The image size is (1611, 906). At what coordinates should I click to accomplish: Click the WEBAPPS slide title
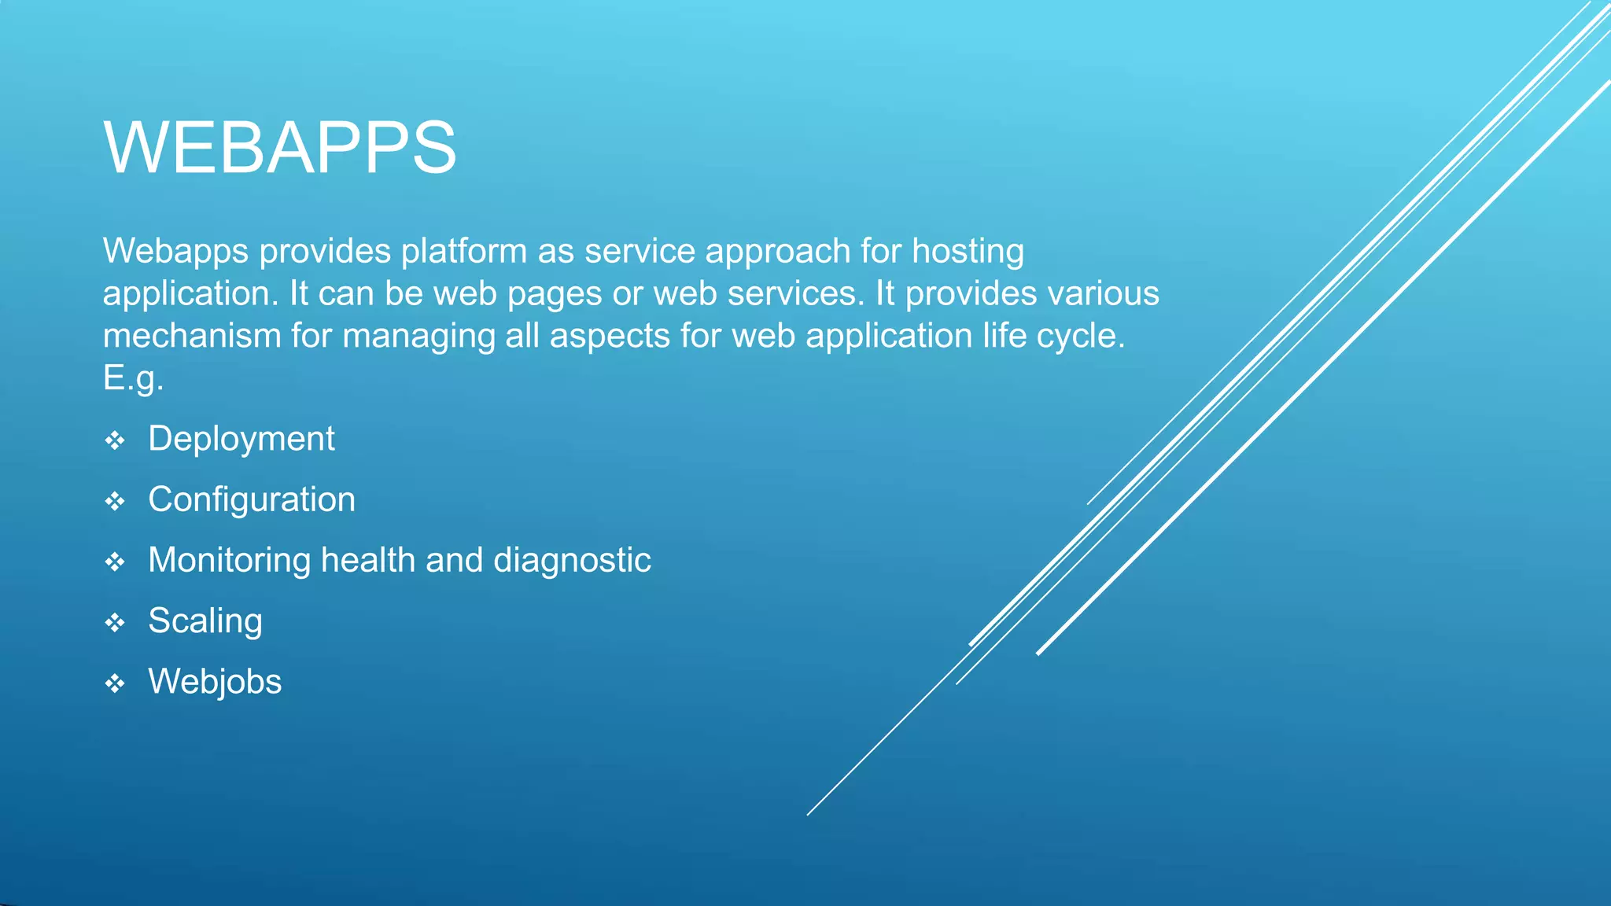pyautogui.click(x=279, y=148)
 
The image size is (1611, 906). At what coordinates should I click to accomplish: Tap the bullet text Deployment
pyautogui.click(x=241, y=439)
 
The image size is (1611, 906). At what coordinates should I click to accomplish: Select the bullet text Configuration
pyautogui.click(x=252, y=499)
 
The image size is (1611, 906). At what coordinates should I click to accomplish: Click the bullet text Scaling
pyautogui.click(x=205, y=621)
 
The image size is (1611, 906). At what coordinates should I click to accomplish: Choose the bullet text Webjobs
pyautogui.click(x=215, y=682)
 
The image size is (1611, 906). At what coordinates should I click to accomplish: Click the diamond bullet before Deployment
pyautogui.click(x=115, y=440)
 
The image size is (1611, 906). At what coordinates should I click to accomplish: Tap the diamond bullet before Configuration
pyautogui.click(x=115, y=501)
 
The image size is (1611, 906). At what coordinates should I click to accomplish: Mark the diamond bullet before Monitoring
pyautogui.click(x=115, y=562)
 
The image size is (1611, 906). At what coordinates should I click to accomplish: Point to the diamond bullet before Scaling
pyautogui.click(x=115, y=623)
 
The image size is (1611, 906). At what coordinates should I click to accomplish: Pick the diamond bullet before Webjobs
pyautogui.click(x=115, y=683)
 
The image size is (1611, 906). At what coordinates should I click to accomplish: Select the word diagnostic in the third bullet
pyautogui.click(x=572, y=561)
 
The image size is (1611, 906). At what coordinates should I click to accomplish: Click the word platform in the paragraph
pyautogui.click(x=464, y=252)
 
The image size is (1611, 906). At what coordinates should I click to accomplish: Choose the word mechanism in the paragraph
pyautogui.click(x=192, y=336)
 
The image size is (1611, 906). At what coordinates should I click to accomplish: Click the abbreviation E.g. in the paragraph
pyautogui.click(x=133, y=378)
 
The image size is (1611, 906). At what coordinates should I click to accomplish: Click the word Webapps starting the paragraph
pyautogui.click(x=175, y=252)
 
